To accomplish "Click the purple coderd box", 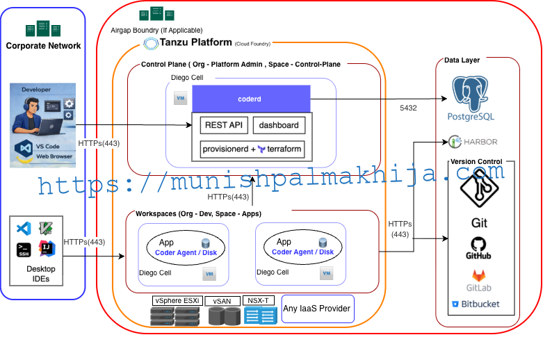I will click(250, 99).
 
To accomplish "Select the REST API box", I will click(222, 126).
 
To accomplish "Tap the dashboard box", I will click(278, 126).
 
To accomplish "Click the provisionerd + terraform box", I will click(252, 149).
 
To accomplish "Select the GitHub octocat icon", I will click(478, 244).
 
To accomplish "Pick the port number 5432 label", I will click(410, 108).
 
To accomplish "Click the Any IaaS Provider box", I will click(316, 309).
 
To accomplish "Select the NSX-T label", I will click(259, 300).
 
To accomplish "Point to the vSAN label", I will click(222, 301).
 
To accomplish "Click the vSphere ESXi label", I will click(177, 300).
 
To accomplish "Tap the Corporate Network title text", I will click(43, 46).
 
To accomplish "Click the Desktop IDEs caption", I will click(41, 274).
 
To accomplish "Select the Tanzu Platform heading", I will click(197, 43).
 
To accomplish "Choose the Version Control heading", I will click(476, 162).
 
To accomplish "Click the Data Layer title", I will click(462, 60).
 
